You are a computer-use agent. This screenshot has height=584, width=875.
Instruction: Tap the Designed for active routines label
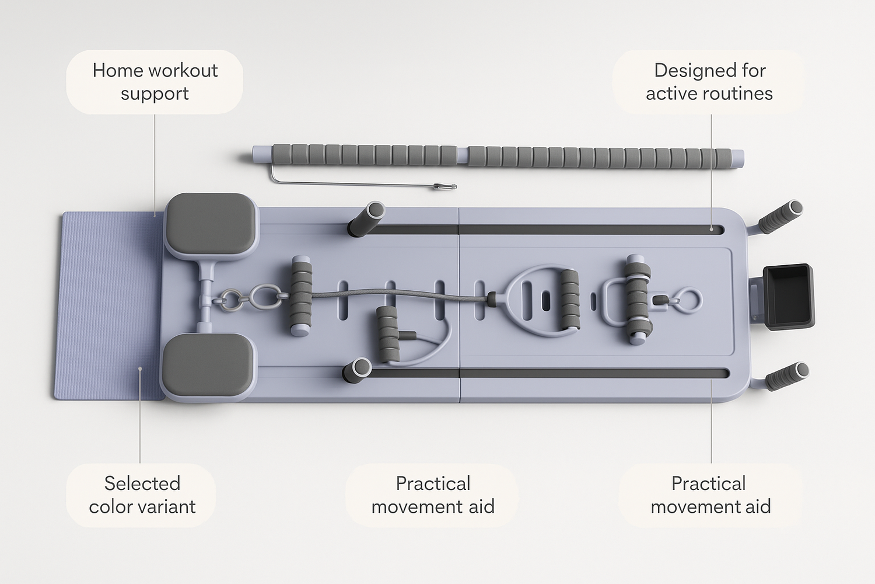[x=709, y=82]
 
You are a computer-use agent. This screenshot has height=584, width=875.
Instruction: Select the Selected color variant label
[x=142, y=495]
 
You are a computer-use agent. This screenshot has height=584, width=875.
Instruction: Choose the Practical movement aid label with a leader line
[x=710, y=495]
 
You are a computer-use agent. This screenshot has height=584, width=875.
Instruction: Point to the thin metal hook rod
[x=363, y=181]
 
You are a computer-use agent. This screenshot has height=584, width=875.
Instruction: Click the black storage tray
[x=788, y=297]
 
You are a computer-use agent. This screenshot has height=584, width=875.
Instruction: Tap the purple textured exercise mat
[x=110, y=306]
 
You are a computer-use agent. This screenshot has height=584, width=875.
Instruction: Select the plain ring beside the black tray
[x=688, y=300]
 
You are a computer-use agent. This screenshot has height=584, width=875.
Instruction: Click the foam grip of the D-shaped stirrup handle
[x=570, y=299]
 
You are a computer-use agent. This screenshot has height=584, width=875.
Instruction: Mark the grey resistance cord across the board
[x=398, y=294]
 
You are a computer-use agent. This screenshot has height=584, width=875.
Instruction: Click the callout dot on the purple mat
[x=140, y=369]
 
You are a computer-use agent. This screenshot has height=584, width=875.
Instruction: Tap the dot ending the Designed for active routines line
[x=711, y=229]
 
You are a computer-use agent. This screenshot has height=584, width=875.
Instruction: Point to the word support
[x=155, y=95]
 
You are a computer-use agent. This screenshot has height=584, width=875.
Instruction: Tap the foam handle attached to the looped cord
[x=387, y=333]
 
